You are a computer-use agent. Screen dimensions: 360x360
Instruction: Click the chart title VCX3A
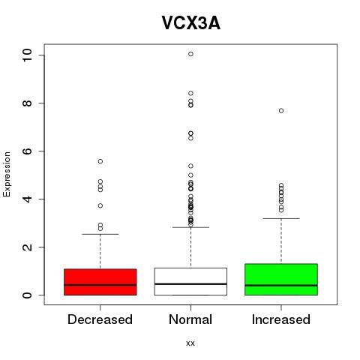191,23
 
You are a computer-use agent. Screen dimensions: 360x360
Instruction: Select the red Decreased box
100,282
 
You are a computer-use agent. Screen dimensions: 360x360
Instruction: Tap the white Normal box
190,281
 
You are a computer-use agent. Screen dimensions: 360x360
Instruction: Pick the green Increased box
281,280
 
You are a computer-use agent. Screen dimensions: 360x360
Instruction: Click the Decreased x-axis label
100,319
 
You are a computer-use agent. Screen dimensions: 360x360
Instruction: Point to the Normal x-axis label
190,319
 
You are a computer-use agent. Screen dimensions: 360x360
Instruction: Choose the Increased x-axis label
281,319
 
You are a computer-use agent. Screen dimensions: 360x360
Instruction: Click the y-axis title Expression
7,174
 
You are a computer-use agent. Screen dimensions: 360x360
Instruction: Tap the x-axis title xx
190,343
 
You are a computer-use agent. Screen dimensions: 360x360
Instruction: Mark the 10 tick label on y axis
27,55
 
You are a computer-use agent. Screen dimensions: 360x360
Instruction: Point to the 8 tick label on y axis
27,103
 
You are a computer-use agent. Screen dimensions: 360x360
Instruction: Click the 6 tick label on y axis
27,151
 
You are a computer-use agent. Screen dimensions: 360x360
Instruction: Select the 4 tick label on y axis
27,199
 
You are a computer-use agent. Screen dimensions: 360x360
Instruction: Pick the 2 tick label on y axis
27,247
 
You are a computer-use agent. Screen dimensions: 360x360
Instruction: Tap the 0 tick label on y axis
27,295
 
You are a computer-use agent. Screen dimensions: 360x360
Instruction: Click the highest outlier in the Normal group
190,54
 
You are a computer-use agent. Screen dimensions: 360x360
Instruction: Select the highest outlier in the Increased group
281,111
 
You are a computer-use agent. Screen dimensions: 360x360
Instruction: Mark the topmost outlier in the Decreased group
100,161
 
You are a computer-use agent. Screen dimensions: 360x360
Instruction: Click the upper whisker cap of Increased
281,218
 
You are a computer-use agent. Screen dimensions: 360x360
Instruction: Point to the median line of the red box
100,285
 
